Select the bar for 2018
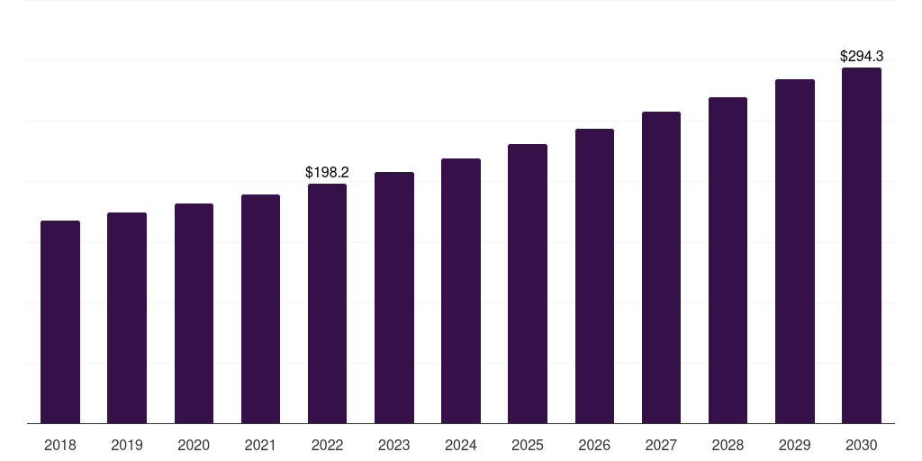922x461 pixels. click(x=60, y=322)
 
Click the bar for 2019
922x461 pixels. click(x=127, y=318)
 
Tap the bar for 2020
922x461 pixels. click(x=194, y=313)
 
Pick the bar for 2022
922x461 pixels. click(x=327, y=303)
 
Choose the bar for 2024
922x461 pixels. click(x=461, y=291)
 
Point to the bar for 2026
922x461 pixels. click(x=594, y=276)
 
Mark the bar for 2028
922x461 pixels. click(x=728, y=260)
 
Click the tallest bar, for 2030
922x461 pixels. click(x=862, y=245)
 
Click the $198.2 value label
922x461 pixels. click(x=327, y=172)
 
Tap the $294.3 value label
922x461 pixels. click(x=862, y=56)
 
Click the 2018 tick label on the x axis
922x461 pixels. click(x=60, y=445)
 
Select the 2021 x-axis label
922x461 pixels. click(x=260, y=445)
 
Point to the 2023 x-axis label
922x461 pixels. click(x=394, y=445)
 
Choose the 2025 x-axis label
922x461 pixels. click(x=528, y=445)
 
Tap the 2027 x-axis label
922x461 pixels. click(x=661, y=445)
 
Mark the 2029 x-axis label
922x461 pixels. click(x=794, y=445)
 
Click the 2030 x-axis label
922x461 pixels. click(x=862, y=445)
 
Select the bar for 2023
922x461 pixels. click(x=394, y=297)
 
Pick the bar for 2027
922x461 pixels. click(x=661, y=267)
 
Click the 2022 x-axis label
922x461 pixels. click(x=327, y=445)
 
